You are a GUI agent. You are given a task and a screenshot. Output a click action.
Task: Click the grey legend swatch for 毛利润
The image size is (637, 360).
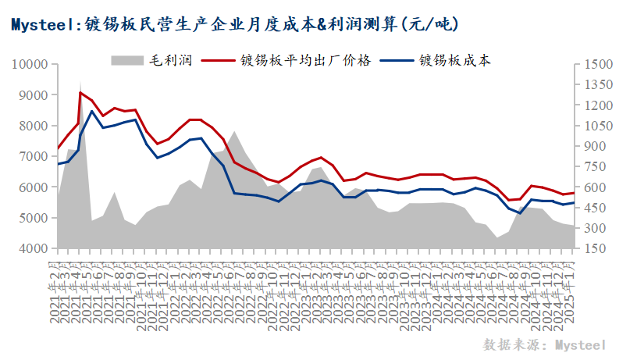click(x=126, y=59)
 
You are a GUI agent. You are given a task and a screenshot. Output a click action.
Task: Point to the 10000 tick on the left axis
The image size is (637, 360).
click(x=31, y=64)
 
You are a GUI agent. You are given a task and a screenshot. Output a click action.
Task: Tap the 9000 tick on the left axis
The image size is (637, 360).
click(x=34, y=95)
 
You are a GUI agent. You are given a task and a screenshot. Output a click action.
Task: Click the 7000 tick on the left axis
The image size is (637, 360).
click(x=34, y=156)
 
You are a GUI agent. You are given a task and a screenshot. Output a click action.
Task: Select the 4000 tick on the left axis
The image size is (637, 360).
click(x=34, y=248)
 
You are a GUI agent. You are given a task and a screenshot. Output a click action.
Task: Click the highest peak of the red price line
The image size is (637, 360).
click(x=80, y=92)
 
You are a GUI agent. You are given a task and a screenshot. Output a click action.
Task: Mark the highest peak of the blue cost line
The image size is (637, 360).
click(x=92, y=111)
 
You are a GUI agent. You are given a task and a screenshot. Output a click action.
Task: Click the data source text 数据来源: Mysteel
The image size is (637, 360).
click(x=544, y=344)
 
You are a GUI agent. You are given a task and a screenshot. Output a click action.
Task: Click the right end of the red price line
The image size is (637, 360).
click(x=574, y=193)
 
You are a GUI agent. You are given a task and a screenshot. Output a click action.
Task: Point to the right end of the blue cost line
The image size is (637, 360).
click(x=574, y=202)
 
